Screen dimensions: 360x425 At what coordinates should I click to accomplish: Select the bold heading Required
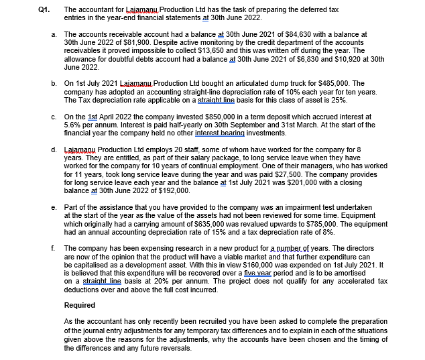(x=80, y=305)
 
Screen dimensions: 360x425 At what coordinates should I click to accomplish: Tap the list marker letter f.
(x=53, y=248)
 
